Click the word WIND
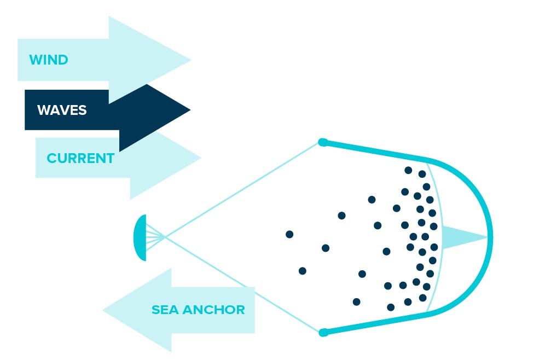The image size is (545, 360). [x=49, y=60]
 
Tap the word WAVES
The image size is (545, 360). [x=62, y=110]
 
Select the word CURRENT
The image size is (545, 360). [x=80, y=159]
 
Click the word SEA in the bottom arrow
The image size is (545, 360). [x=165, y=310]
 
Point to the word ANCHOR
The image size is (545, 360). [x=214, y=310]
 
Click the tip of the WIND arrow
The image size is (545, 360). [x=191, y=60]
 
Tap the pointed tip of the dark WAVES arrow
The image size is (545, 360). [x=190, y=110]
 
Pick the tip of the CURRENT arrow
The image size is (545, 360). [x=201, y=158]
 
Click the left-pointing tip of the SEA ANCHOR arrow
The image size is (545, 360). [x=103, y=310]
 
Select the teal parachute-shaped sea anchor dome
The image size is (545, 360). [x=140, y=237]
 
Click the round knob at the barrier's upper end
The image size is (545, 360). [x=323, y=142]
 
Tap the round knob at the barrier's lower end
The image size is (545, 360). [x=323, y=333]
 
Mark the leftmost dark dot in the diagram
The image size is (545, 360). [x=289, y=234]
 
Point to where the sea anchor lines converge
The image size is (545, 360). [x=165, y=237]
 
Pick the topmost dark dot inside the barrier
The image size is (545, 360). [x=408, y=170]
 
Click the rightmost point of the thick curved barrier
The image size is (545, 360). [x=491, y=237]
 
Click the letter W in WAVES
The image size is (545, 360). [x=43, y=110]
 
